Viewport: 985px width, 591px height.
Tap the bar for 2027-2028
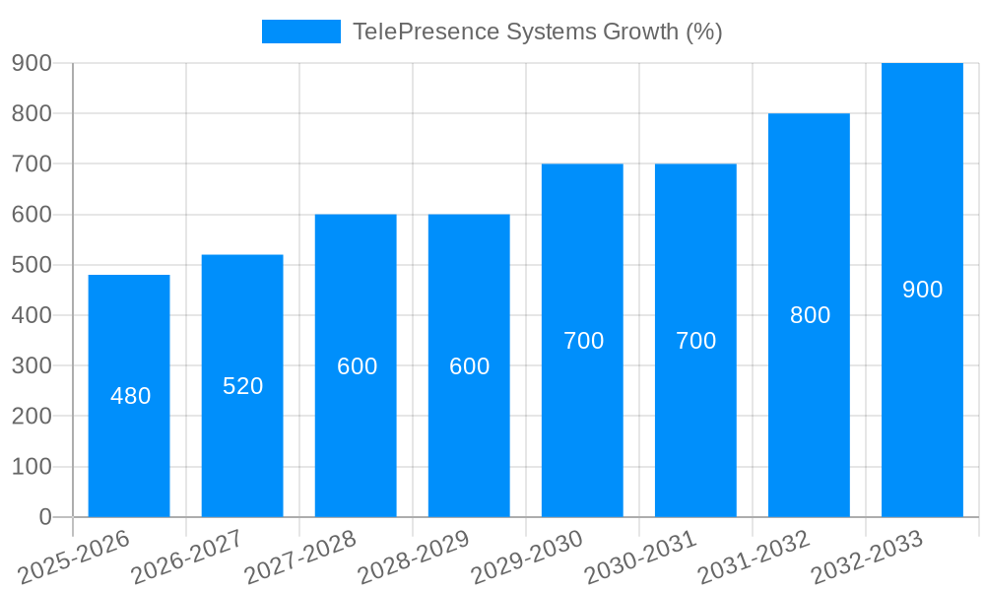[356, 365]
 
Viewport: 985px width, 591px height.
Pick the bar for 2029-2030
[582, 340]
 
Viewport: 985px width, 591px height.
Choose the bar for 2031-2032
[809, 315]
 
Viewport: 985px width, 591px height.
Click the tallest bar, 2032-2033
[922, 290]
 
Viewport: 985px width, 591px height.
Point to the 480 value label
[131, 396]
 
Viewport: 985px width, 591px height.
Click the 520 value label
[243, 386]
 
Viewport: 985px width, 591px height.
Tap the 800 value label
[811, 315]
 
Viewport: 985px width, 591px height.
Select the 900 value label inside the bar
[923, 290]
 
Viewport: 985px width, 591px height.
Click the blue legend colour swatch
[300, 32]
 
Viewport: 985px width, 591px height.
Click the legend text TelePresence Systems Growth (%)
[538, 32]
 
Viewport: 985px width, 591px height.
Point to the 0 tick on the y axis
[44, 517]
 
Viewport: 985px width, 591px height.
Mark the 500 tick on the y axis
[32, 265]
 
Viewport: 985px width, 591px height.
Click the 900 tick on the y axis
[32, 63]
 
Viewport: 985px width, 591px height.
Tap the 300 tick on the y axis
[32, 365]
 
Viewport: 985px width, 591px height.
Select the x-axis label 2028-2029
[414, 557]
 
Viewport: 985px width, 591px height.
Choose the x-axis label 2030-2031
[640, 557]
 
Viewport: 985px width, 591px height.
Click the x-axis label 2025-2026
[75, 557]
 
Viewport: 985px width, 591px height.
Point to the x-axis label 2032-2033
[867, 557]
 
